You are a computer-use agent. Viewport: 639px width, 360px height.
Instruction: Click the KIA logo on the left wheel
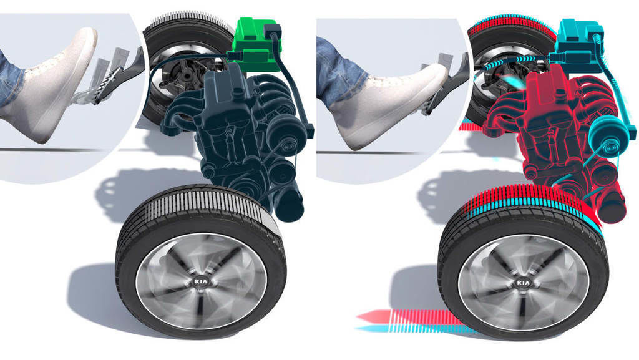(201, 281)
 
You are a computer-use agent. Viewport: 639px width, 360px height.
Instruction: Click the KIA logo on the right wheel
(524, 282)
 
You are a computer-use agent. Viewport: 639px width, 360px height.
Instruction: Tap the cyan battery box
(577, 43)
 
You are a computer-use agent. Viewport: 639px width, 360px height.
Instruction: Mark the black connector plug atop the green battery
(272, 30)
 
